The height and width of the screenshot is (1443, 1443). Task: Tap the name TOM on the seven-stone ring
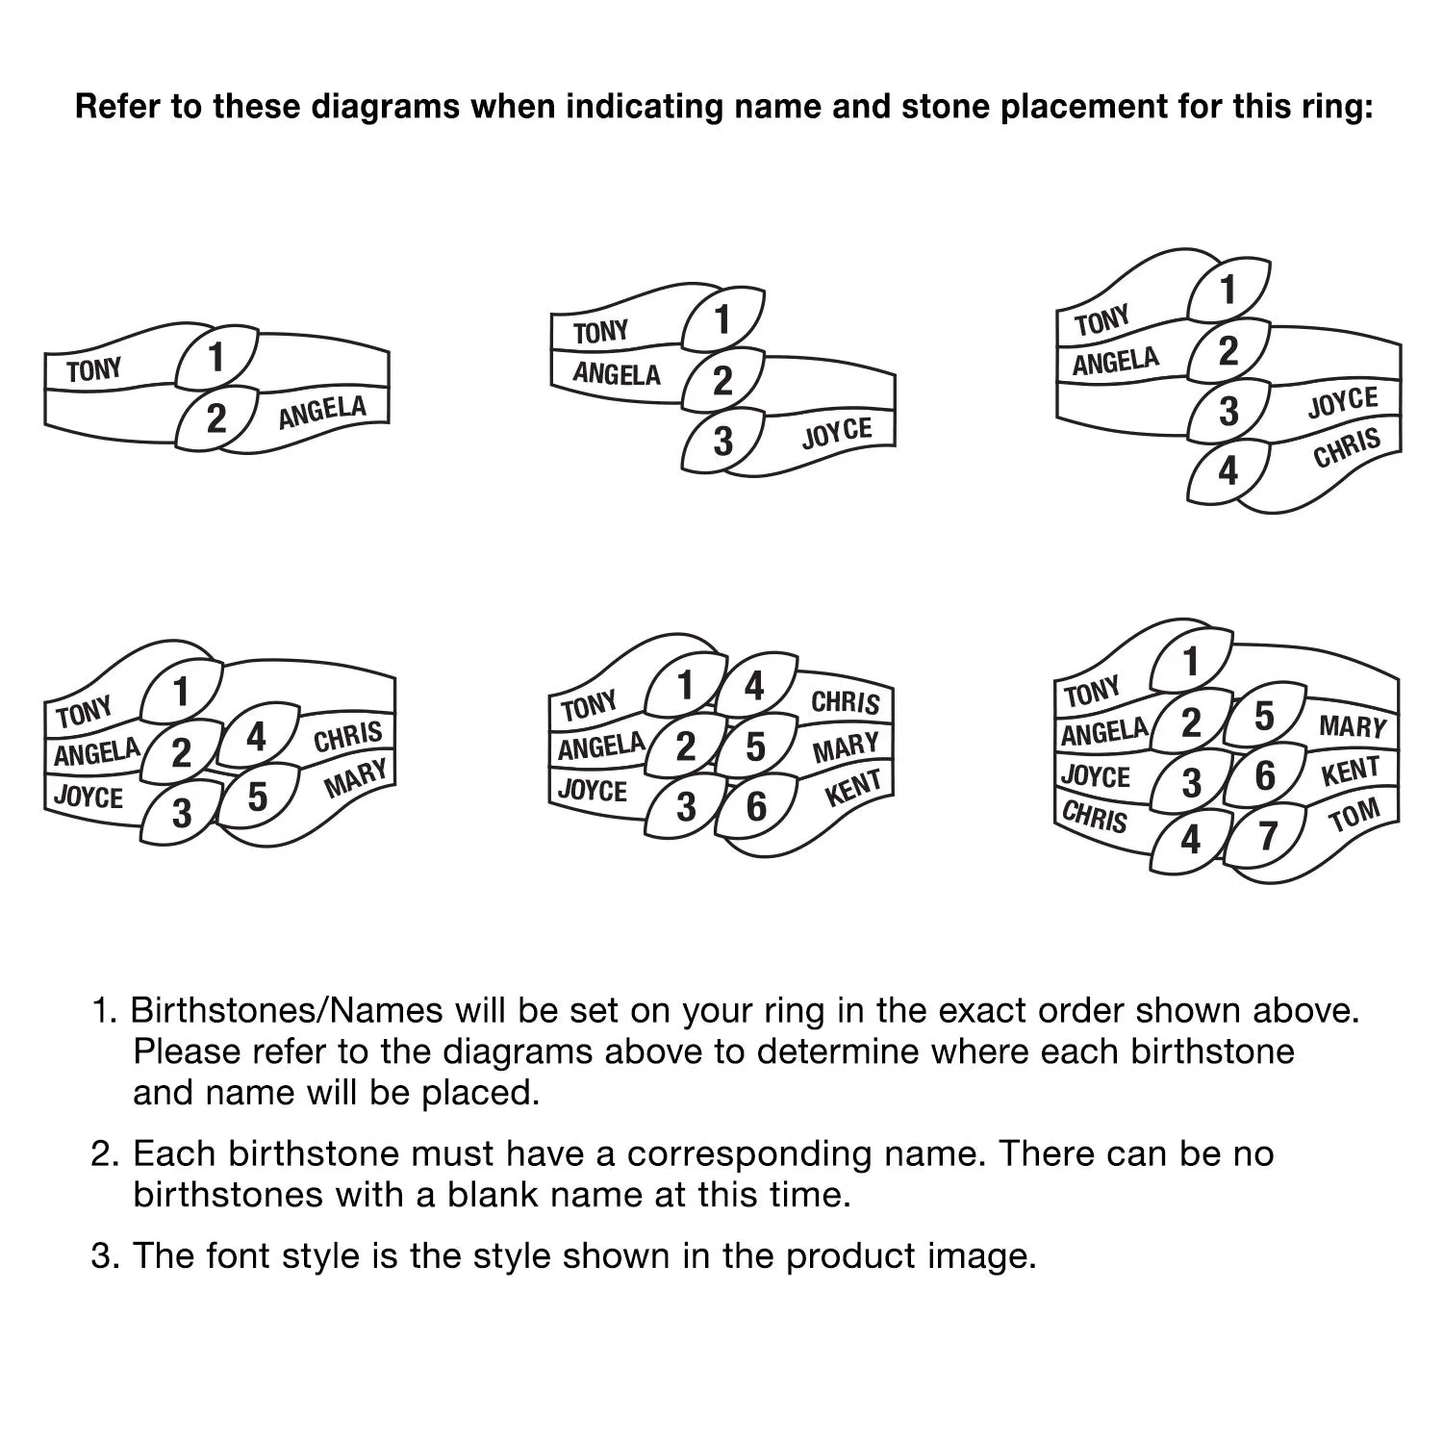click(x=1354, y=816)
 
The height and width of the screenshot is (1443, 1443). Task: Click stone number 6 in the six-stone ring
click(x=757, y=805)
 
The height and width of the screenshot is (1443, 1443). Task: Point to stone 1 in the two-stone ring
click(x=216, y=358)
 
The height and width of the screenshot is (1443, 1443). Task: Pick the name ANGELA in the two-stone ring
click(x=322, y=412)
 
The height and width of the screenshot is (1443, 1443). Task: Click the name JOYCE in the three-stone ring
click(x=837, y=433)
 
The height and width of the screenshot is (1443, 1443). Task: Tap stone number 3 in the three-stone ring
click(x=722, y=442)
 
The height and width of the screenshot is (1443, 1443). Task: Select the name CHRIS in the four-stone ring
click(x=1347, y=447)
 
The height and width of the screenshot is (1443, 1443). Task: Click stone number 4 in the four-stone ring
click(x=1228, y=472)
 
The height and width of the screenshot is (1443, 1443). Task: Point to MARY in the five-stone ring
click(x=356, y=777)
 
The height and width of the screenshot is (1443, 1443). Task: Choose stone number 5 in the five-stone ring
click(x=257, y=797)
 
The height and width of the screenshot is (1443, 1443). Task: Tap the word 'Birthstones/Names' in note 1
click(x=287, y=1011)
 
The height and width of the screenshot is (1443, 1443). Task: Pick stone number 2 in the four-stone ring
click(x=1228, y=352)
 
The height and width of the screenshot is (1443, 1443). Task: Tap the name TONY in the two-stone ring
click(x=94, y=369)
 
